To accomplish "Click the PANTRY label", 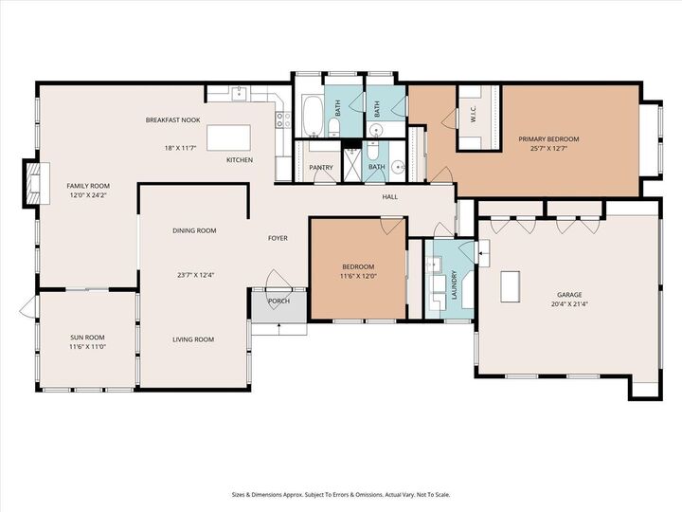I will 321,168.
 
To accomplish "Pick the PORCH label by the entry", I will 278,302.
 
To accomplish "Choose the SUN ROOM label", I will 87,338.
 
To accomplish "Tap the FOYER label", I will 278,238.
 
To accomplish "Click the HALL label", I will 389,197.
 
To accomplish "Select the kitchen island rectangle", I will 228,138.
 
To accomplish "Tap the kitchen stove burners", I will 281,119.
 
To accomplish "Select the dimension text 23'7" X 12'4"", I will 195,276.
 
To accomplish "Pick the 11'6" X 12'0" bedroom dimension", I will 358,277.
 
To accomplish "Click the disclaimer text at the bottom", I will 341,494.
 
